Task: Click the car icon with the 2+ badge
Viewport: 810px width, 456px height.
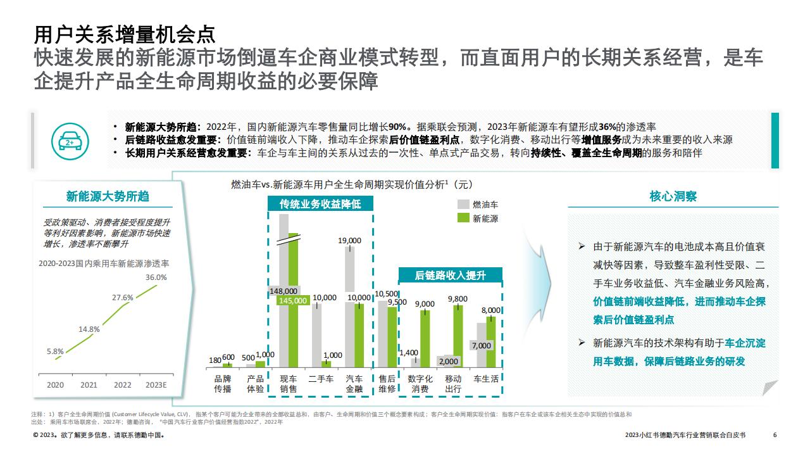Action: [70, 141]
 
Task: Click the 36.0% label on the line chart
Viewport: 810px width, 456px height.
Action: [156, 277]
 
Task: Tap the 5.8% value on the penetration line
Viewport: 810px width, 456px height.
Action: [55, 351]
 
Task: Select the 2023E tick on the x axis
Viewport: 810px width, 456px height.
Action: [156, 384]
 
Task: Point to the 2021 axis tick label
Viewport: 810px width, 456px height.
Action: [89, 384]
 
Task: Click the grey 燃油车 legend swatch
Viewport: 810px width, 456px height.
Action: [463, 205]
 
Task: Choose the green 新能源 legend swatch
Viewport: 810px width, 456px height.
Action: [463, 218]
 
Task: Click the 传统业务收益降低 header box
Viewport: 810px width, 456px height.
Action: [320, 204]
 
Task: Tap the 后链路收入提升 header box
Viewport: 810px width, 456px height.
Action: [450, 275]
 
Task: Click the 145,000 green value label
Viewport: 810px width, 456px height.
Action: [293, 300]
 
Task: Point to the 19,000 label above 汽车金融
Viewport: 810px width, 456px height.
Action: [349, 241]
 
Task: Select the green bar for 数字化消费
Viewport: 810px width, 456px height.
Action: [425, 339]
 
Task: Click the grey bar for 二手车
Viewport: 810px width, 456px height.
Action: [317, 336]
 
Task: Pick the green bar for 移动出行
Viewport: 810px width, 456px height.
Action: [458, 336]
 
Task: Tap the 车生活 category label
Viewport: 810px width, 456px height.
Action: [486, 379]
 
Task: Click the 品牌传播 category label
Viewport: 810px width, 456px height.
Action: [222, 384]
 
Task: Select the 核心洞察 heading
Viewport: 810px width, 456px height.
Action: [673, 196]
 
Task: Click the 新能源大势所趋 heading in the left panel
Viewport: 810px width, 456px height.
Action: [108, 196]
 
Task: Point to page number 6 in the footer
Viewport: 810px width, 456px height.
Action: [775, 434]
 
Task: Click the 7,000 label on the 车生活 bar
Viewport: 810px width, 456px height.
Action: [482, 346]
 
